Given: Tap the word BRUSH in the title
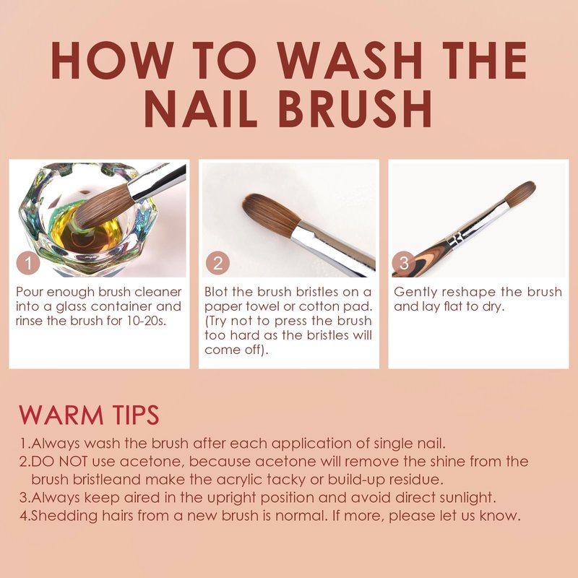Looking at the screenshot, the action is click(x=355, y=108).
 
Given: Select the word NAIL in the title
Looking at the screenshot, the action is click(x=201, y=108).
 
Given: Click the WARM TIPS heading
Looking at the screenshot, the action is click(x=89, y=415).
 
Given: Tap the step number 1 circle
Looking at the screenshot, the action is click(x=28, y=263).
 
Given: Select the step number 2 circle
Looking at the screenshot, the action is click(x=218, y=263).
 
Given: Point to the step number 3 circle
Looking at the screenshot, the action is click(x=404, y=263).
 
